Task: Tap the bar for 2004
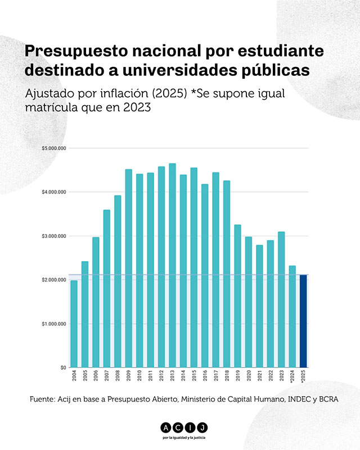[x=74, y=323]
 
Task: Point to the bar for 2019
[x=237, y=296]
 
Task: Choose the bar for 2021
[x=259, y=306]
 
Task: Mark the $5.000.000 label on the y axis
[x=54, y=148]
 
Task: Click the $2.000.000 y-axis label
[x=54, y=280]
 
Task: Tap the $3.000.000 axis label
[x=54, y=236]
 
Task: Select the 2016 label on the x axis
[x=205, y=376]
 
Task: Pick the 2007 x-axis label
[x=107, y=376]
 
